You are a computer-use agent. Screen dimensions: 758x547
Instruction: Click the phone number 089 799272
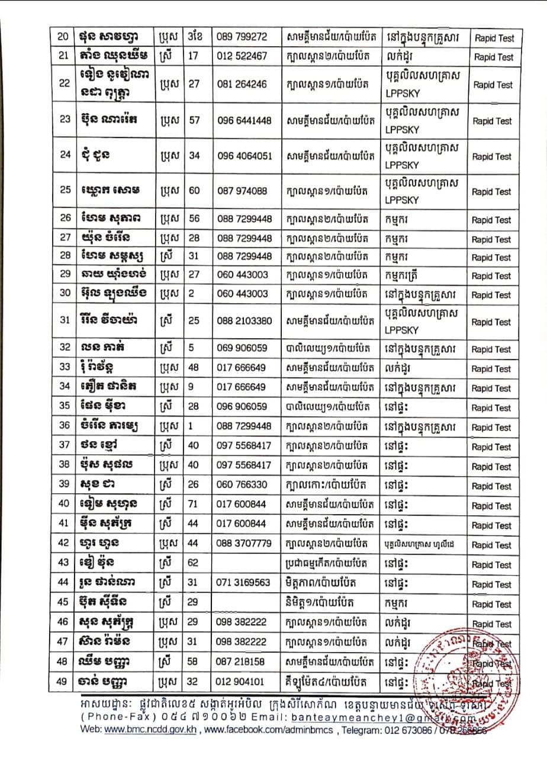click(242, 38)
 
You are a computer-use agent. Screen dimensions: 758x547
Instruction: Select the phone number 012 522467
click(242, 57)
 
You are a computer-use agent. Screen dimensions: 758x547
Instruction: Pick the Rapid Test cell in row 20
click(494, 38)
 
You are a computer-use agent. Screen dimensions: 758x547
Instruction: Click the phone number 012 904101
click(242, 682)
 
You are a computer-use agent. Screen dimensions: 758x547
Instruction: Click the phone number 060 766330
click(242, 486)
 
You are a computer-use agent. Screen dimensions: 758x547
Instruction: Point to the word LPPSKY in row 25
click(402, 200)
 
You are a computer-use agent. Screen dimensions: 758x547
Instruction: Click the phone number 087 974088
click(242, 191)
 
